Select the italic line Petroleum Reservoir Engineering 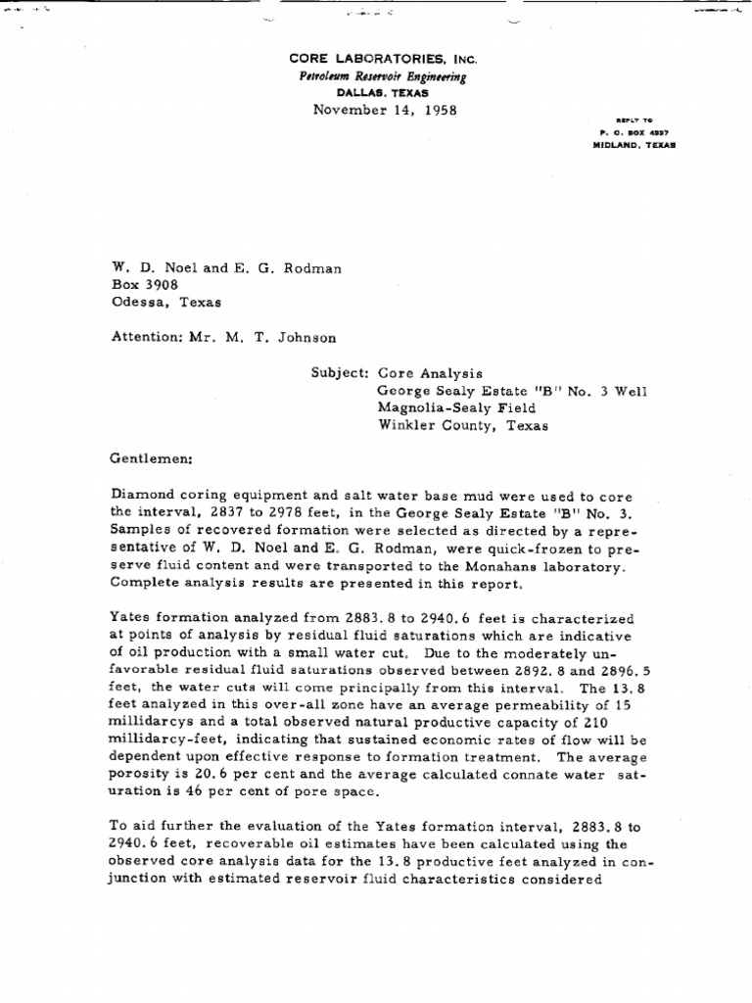(383, 77)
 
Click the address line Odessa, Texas (165, 302)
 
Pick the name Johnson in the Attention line (304, 338)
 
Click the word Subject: (340, 373)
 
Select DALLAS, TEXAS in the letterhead (382, 93)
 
